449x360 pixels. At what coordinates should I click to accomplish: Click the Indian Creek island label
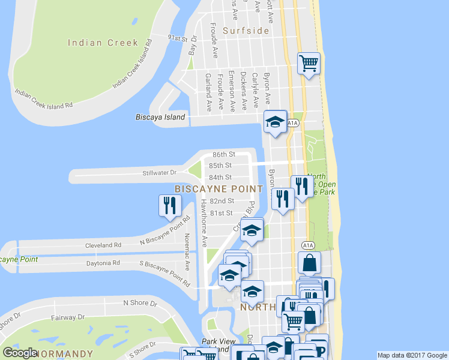coord(103,43)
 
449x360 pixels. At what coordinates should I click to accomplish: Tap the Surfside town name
coord(246,31)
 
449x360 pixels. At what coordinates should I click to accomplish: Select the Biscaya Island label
coord(160,118)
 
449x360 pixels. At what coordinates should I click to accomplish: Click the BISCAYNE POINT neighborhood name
coord(218,189)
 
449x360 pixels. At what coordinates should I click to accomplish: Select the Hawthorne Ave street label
coord(205,223)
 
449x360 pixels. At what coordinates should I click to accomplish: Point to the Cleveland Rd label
coord(104,245)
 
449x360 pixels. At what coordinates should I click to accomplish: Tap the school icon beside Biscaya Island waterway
coord(276,122)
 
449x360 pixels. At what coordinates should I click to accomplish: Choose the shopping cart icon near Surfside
coord(309,62)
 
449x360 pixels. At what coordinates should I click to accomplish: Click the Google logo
coord(19,352)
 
